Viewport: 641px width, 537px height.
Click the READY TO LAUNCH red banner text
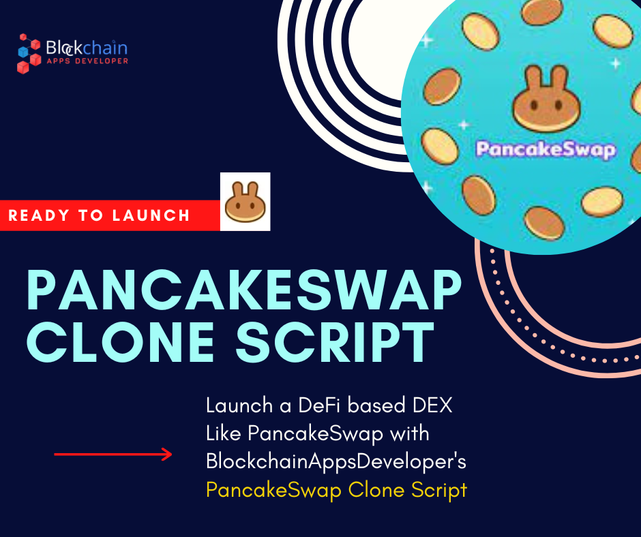pyautogui.click(x=100, y=216)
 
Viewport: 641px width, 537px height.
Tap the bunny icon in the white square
pyautogui.click(x=245, y=202)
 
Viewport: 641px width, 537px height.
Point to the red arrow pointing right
pyautogui.click(x=113, y=454)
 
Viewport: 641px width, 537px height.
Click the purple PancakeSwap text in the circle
pyautogui.click(x=546, y=149)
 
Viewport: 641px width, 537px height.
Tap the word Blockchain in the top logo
pyautogui.click(x=86, y=48)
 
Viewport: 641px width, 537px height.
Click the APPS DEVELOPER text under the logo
pyautogui.click(x=87, y=61)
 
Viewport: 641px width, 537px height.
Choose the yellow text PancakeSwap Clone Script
pyautogui.click(x=337, y=490)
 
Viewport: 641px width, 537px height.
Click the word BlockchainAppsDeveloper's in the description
pyautogui.click(x=336, y=461)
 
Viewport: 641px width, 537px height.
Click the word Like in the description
pyautogui.click(x=224, y=433)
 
